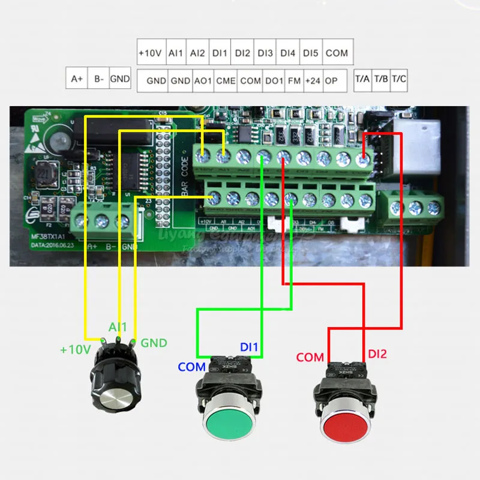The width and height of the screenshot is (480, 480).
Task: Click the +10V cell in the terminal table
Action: tap(150, 53)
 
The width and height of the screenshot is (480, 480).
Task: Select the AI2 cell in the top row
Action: tap(197, 53)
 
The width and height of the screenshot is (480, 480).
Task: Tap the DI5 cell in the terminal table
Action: tap(310, 53)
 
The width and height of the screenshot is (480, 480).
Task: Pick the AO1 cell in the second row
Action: tap(201, 80)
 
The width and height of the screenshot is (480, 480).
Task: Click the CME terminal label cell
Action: tap(226, 80)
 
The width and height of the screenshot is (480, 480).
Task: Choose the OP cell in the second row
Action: tap(331, 80)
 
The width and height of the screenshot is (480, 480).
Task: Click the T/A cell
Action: tap(362, 79)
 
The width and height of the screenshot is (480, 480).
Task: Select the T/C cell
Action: tap(399, 79)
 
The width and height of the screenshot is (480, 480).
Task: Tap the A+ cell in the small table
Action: tap(77, 79)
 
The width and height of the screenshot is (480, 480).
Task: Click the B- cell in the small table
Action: tap(98, 79)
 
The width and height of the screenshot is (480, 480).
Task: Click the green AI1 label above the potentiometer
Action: tap(118, 327)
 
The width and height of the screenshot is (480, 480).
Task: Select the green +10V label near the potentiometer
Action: tap(75, 349)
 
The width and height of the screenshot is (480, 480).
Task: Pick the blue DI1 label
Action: tap(249, 347)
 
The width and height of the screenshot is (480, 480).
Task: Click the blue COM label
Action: tap(191, 366)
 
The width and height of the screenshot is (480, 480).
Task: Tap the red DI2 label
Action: tap(377, 355)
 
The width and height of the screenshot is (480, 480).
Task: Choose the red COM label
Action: tap(310, 358)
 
